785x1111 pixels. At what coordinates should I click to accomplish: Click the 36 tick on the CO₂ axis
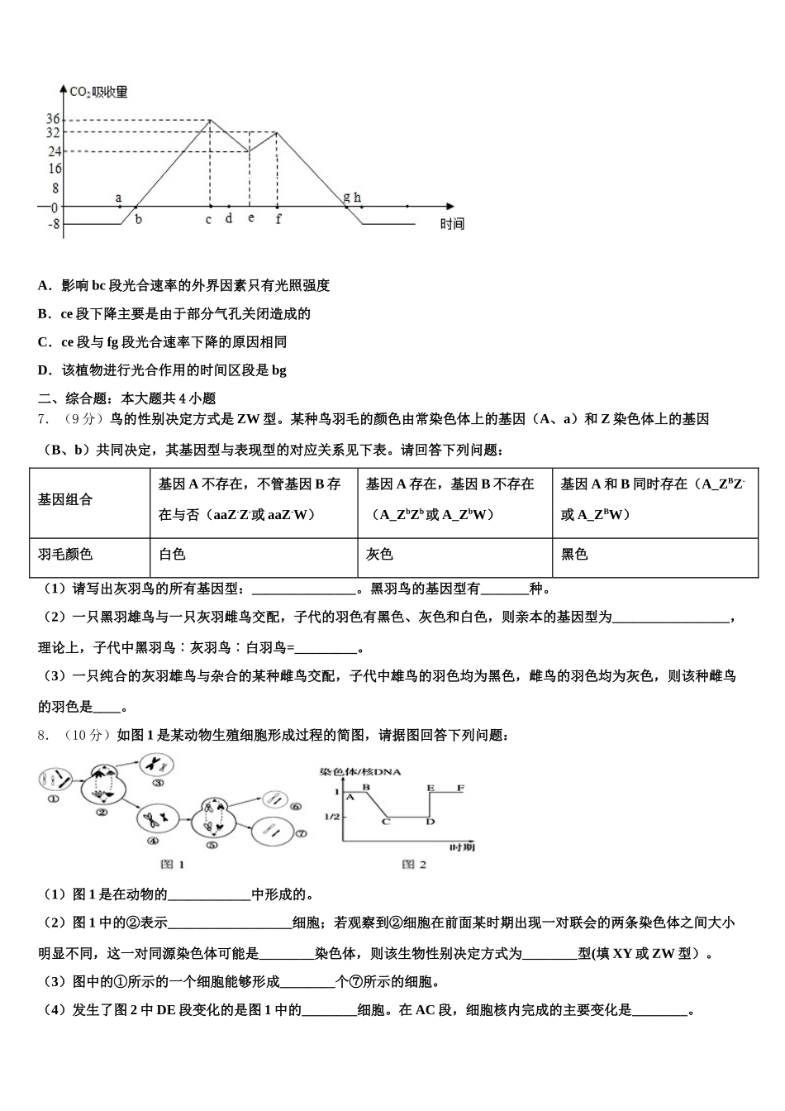pos(53,120)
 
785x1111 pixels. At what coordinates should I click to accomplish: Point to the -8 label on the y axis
pos(53,224)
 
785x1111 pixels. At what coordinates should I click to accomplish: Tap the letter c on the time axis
pos(208,219)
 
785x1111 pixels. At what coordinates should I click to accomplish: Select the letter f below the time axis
pos(278,219)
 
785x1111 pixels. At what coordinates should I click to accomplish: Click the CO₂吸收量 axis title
pos(98,92)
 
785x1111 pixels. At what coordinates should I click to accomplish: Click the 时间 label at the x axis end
pos(452,224)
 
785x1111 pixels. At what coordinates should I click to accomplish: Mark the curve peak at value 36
pos(210,120)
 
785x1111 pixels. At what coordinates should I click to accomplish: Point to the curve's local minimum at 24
pos(249,151)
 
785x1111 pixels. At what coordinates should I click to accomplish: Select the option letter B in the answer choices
pos(44,314)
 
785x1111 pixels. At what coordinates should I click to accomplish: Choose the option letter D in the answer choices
pos(44,370)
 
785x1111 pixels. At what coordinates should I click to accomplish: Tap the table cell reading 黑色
pos(574,554)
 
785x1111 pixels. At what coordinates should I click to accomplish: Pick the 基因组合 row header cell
pos(65,499)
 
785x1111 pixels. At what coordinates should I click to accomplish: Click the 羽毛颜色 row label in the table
pos(65,554)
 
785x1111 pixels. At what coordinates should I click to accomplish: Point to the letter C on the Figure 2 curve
pos(386,821)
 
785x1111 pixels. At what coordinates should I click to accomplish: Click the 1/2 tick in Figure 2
pos(331,817)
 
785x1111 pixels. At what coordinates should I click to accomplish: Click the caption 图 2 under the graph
pos(413,864)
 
